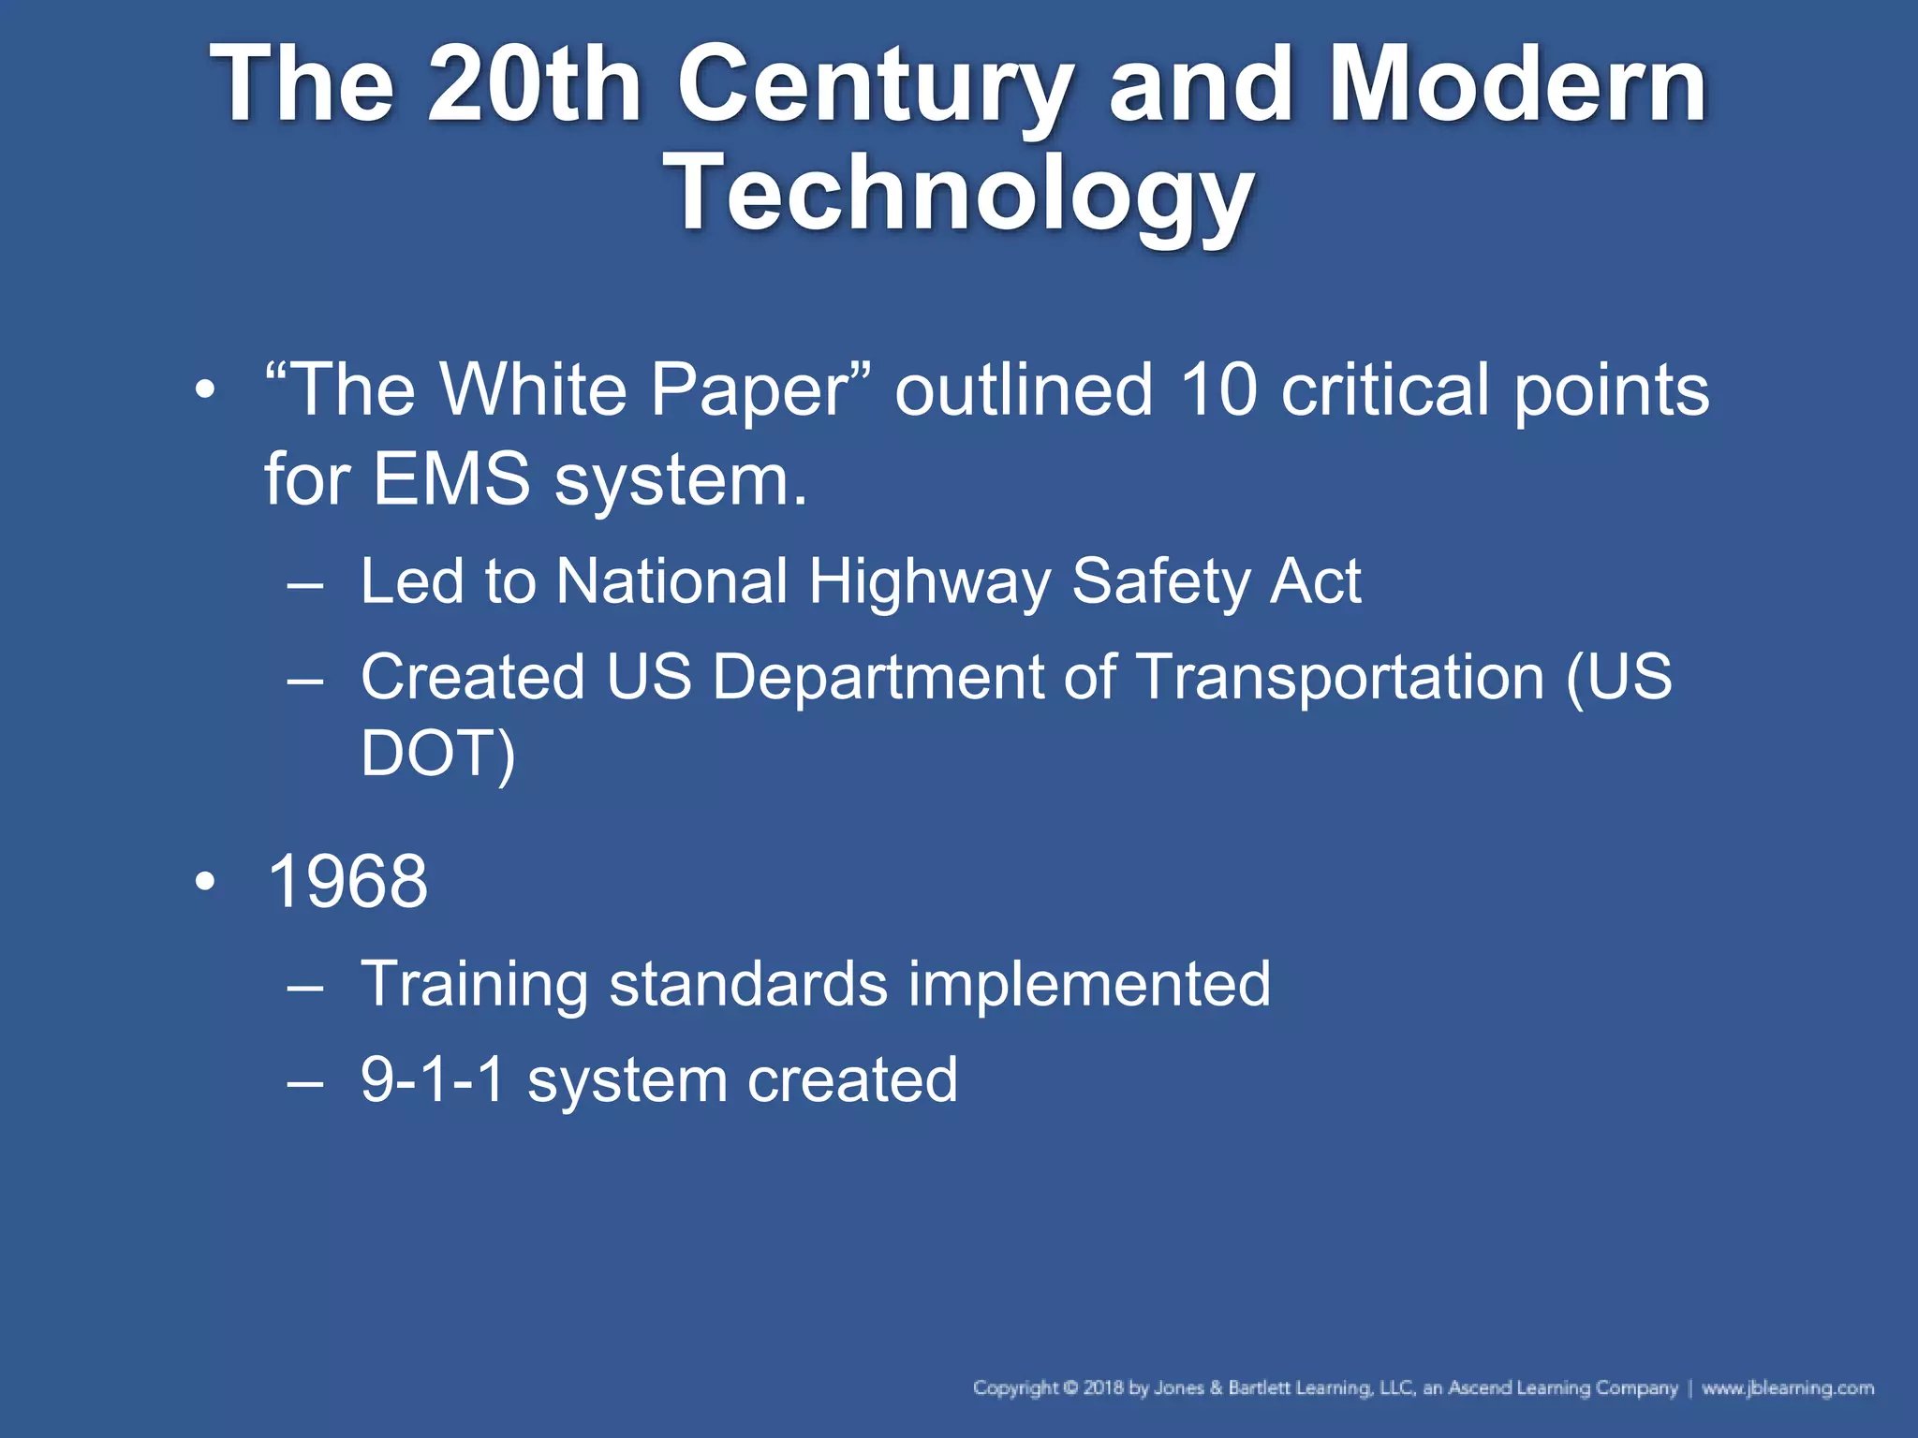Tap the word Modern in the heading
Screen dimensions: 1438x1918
tap(1517, 86)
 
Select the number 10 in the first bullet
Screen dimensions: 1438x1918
tap(1217, 390)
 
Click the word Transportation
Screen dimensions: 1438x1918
tap(1339, 677)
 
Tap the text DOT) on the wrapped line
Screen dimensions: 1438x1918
tap(437, 754)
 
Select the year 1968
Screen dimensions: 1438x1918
tap(347, 882)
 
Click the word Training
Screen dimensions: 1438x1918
tap(474, 985)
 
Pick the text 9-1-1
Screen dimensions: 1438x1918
tap(433, 1079)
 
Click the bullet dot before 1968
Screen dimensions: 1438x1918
tap(205, 882)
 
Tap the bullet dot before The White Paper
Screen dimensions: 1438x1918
tap(205, 389)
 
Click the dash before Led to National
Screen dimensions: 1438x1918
tap(305, 585)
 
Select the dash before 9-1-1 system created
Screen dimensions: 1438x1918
tap(305, 1082)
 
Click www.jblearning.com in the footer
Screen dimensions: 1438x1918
tap(1787, 1387)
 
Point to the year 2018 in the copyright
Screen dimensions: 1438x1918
tap(1103, 1387)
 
